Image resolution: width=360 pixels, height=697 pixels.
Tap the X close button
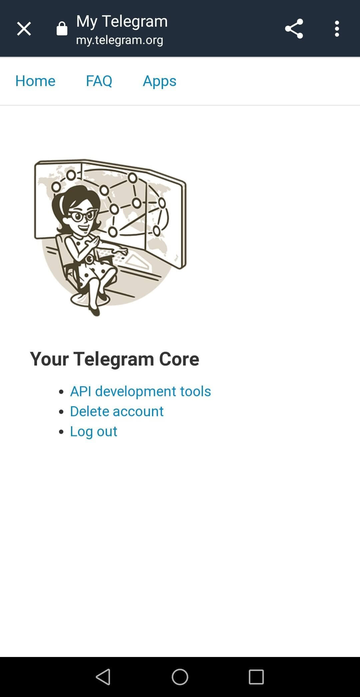[24, 29]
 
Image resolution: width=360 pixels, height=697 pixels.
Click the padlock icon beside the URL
[62, 29]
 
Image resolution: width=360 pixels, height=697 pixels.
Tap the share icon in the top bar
[294, 29]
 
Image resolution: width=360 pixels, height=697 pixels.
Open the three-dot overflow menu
[337, 29]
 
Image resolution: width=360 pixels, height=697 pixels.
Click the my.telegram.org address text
[120, 40]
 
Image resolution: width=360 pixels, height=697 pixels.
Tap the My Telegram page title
[122, 21]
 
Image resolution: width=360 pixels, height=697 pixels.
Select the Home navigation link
[35, 81]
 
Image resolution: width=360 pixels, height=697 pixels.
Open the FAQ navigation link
[99, 81]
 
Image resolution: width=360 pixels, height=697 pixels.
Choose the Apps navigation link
[160, 81]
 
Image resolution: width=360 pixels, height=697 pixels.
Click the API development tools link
[140, 391]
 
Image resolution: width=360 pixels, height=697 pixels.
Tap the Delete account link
[117, 411]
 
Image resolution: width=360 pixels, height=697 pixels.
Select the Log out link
[94, 431]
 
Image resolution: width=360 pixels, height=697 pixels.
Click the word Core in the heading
[179, 359]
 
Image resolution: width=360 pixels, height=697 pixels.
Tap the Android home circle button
[180, 677]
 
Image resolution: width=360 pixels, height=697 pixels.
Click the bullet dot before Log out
[61, 432]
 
